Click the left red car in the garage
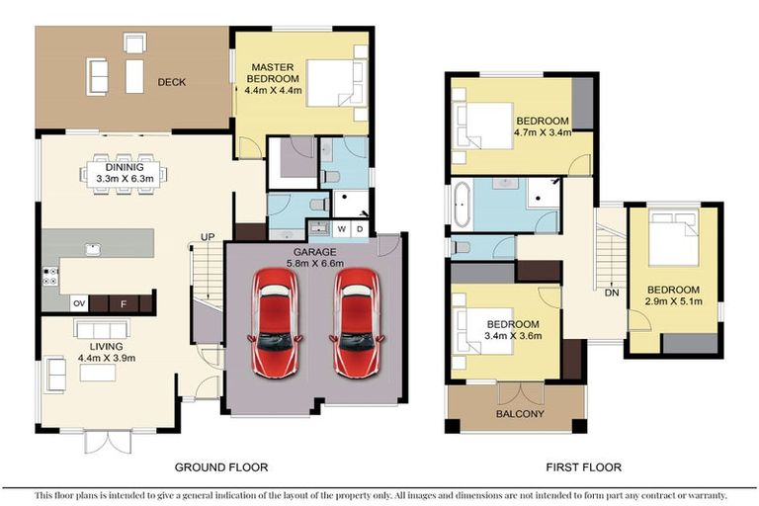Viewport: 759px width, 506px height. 276,322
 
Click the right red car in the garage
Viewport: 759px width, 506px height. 356,322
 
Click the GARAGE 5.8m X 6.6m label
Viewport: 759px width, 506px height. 312,259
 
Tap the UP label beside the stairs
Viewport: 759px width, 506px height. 209,237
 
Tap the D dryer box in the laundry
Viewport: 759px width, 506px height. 360,229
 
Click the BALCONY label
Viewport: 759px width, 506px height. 518,414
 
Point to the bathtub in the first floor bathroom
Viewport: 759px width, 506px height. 462,205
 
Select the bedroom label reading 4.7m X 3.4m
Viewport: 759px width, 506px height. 542,126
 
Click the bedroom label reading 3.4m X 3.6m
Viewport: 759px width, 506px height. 512,331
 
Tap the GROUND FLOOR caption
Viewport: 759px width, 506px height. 221,466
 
